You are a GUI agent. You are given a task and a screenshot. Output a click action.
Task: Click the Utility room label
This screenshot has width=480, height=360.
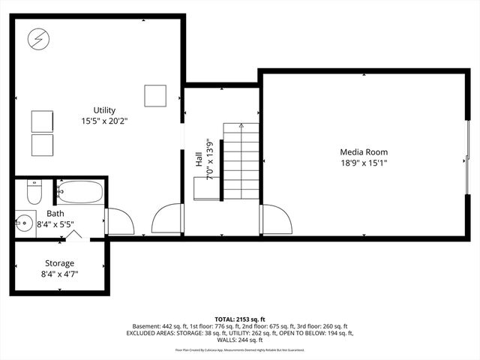pyautogui.click(x=104, y=109)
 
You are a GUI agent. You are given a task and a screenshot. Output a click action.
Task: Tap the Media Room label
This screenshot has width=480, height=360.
pyautogui.click(x=363, y=151)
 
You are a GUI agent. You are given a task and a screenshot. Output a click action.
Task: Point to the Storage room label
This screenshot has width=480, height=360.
pyautogui.click(x=59, y=263)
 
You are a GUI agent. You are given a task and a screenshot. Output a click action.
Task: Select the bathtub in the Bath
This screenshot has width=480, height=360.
pyautogui.click(x=80, y=192)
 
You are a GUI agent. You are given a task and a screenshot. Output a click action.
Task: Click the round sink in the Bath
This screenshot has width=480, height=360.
pyautogui.click(x=24, y=223)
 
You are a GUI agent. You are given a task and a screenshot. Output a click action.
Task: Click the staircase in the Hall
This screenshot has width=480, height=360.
pyautogui.click(x=241, y=161)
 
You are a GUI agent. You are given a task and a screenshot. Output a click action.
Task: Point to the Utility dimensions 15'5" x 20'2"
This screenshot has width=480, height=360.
pyautogui.click(x=104, y=121)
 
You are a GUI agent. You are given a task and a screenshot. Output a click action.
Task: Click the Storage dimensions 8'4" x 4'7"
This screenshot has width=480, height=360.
pyautogui.click(x=59, y=274)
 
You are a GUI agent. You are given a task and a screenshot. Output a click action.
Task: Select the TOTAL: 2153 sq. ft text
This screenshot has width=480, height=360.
pyautogui.click(x=239, y=319)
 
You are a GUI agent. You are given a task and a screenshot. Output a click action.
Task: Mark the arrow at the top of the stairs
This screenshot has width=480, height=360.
pyautogui.click(x=241, y=126)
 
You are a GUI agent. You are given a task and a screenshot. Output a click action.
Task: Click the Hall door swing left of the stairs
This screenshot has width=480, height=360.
pyautogui.click(x=166, y=220)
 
